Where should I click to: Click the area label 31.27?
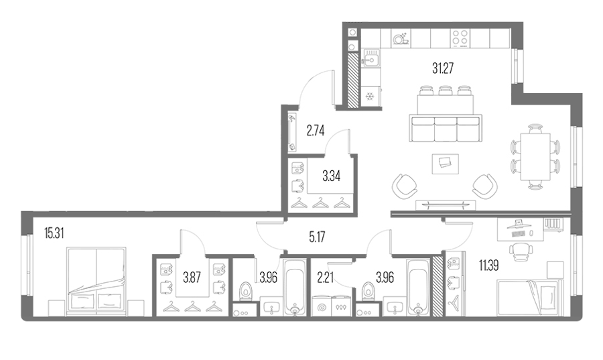(443, 68)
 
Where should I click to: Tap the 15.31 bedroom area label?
(54, 233)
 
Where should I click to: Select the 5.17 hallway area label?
(317, 237)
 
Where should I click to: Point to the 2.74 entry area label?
(316, 131)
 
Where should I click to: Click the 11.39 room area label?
(489, 265)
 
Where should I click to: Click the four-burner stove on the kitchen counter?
(460, 38)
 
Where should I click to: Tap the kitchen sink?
(371, 58)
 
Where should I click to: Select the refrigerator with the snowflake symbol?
(371, 96)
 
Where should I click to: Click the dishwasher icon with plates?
(401, 38)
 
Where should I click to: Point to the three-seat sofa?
(446, 128)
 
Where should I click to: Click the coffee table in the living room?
(446, 164)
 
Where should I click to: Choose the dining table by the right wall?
(535, 157)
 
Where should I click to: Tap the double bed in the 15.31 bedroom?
(96, 282)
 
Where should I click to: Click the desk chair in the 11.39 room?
(521, 250)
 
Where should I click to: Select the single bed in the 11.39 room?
(527, 298)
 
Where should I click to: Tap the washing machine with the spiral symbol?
(322, 306)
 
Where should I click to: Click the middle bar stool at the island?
(446, 91)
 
